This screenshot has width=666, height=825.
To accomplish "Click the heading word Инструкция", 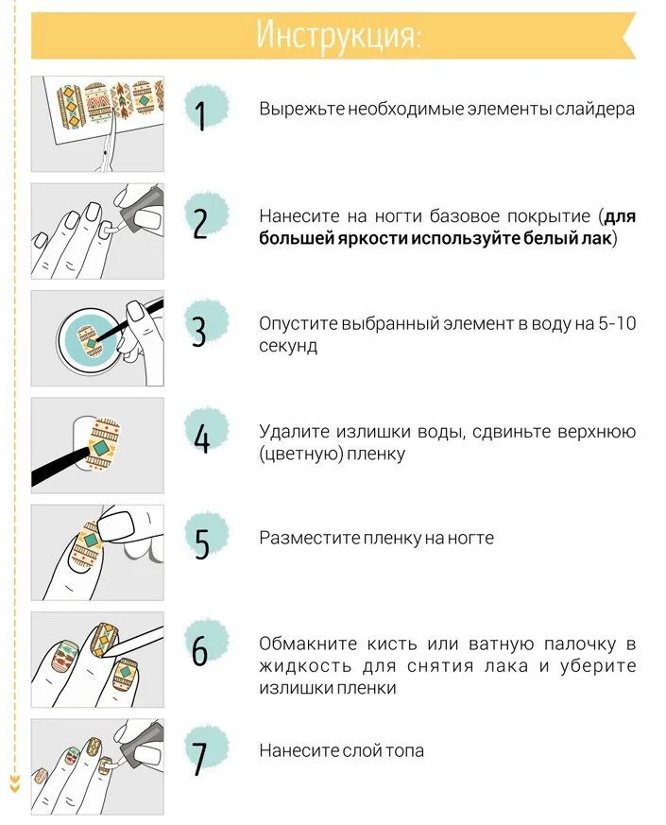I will tap(336, 35).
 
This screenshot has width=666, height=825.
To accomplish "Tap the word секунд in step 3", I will tap(288, 346).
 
